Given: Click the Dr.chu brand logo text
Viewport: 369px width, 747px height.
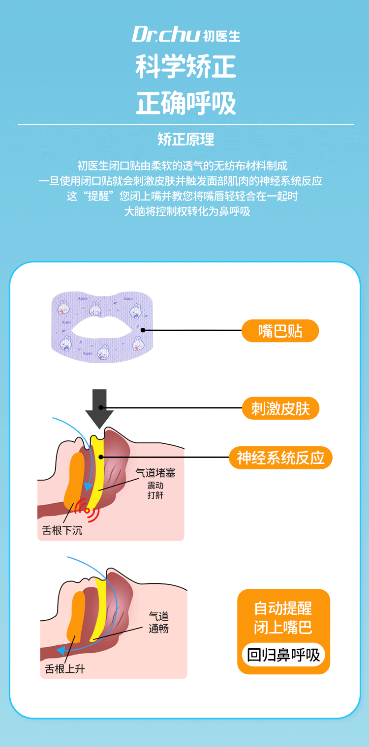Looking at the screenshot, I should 166,34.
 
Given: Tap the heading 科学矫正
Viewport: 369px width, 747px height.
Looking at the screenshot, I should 185,68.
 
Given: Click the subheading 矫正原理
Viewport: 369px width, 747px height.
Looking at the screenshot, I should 185,139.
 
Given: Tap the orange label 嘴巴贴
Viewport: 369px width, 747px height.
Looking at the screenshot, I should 280,331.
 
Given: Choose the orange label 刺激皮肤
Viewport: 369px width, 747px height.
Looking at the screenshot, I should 280,408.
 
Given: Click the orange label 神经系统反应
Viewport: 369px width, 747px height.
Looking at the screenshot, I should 280,458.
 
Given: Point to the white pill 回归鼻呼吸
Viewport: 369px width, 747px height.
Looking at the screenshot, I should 283,655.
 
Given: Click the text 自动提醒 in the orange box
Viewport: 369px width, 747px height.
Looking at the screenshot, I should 283,608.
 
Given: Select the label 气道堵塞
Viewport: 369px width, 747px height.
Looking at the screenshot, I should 155,473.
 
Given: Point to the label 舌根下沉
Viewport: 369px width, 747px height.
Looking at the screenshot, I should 62,531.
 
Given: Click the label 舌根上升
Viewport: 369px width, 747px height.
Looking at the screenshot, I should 65,669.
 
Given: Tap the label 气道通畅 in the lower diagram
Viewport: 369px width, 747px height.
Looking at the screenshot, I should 158,622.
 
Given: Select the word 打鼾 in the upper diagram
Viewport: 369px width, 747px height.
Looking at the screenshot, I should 155,495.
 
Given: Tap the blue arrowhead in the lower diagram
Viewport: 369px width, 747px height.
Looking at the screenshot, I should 61,650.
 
